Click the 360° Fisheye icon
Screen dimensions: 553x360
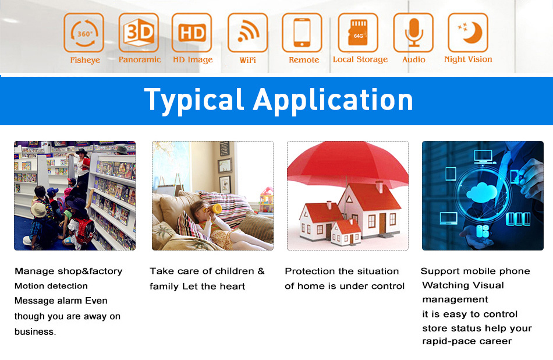click(x=84, y=33)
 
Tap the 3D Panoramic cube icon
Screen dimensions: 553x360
click(x=139, y=33)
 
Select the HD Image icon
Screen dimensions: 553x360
click(x=192, y=33)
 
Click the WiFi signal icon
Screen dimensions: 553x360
click(x=247, y=33)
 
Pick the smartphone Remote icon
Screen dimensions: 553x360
click(x=302, y=33)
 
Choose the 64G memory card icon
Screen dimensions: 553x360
click(x=358, y=33)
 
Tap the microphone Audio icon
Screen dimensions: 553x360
click(x=413, y=33)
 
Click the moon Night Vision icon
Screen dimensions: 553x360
click(x=468, y=33)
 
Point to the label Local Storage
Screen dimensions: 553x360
click(x=360, y=59)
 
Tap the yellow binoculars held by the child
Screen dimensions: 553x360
click(x=212, y=209)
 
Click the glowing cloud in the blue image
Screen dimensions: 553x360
click(x=481, y=193)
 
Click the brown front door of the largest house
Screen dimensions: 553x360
click(x=382, y=224)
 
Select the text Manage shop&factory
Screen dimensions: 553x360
click(x=69, y=271)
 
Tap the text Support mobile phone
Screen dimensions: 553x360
click(x=475, y=271)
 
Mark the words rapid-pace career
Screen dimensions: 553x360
click(x=467, y=341)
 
